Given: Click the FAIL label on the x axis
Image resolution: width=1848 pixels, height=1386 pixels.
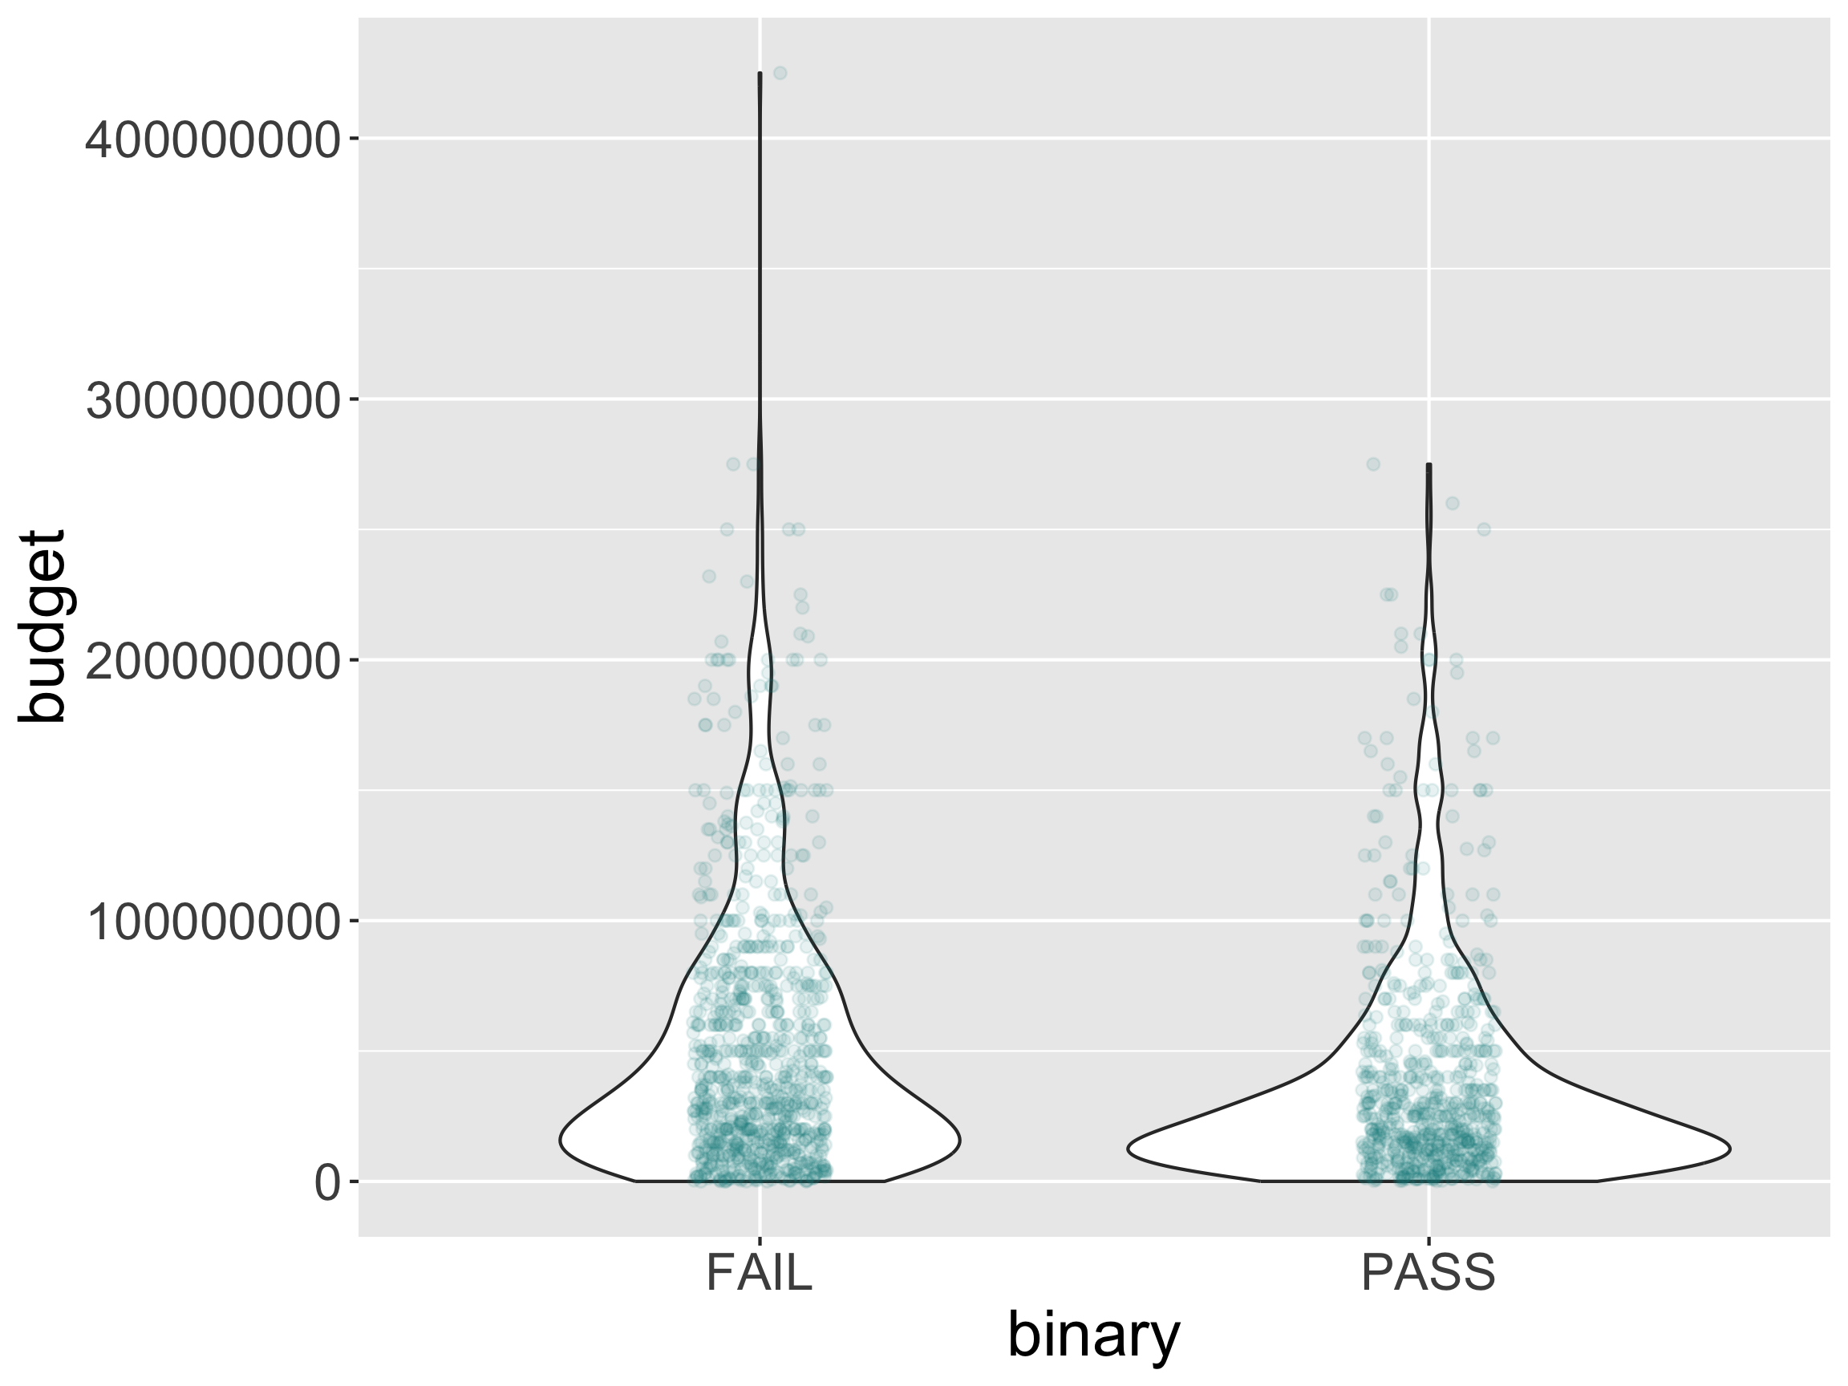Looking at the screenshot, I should click(x=759, y=1274).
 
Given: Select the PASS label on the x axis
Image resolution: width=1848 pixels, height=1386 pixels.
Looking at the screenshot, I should click(x=1428, y=1274).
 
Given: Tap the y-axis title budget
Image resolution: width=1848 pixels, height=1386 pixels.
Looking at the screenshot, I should click(x=42, y=626).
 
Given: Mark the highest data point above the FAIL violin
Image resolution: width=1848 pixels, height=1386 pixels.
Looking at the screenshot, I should click(x=780, y=74).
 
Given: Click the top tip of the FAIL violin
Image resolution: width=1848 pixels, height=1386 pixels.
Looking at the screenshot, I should click(x=760, y=74).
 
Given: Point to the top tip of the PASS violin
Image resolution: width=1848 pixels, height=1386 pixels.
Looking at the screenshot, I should click(x=1429, y=464).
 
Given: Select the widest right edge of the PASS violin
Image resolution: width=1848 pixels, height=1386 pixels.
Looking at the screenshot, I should click(x=1729, y=1149).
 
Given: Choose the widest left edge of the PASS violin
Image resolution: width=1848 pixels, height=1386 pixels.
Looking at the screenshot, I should click(x=1128, y=1149).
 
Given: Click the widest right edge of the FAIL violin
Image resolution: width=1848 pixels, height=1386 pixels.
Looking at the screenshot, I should click(x=960, y=1141).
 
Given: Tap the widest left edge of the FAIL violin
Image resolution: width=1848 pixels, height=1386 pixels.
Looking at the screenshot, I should click(x=560, y=1141).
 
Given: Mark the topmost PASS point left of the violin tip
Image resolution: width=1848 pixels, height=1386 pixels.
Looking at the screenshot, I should click(x=1372, y=464).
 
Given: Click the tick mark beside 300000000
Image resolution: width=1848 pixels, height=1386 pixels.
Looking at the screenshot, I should click(x=354, y=400).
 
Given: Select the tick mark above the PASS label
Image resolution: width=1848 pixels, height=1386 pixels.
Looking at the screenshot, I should click(x=1429, y=1242).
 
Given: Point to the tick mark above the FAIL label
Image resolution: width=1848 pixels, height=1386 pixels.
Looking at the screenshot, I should click(x=760, y=1242).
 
